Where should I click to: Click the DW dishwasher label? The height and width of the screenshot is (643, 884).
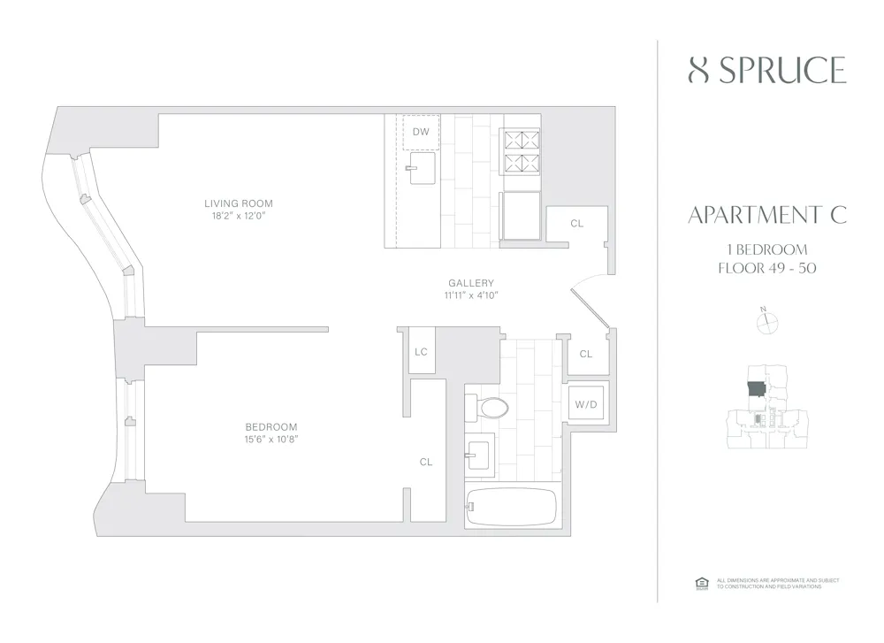point(421,133)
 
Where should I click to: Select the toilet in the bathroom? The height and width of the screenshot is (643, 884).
point(492,408)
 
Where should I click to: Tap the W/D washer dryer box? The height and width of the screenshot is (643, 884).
point(586,405)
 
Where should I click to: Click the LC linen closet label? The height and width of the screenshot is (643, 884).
point(421,352)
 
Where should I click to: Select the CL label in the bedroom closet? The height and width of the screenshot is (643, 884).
point(426,462)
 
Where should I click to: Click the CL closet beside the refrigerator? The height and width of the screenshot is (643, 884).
point(576,224)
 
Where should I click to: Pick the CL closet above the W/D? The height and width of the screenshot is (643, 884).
point(585,354)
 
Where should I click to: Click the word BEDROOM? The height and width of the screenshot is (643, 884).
point(272,426)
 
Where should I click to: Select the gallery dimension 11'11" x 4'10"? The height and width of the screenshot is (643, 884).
point(471,295)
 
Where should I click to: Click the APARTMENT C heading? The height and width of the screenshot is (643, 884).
point(766,215)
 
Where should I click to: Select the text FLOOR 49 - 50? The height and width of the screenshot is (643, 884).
point(766,269)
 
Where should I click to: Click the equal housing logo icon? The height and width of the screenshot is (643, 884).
point(703,582)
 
